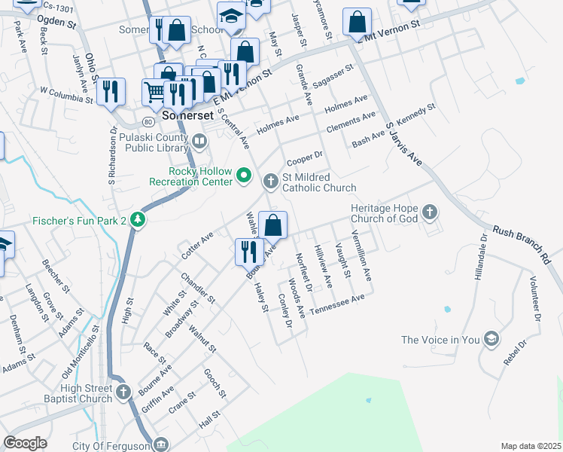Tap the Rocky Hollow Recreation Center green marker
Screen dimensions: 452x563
pyautogui.click(x=244, y=176)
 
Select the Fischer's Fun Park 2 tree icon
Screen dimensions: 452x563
pyautogui.click(x=137, y=220)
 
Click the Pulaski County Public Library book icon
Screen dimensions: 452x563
pyautogui.click(x=199, y=140)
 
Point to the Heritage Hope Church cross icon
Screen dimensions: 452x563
pyautogui.click(x=429, y=212)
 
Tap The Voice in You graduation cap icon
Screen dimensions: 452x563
pyautogui.click(x=491, y=339)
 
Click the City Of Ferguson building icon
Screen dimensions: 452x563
pyautogui.click(x=160, y=445)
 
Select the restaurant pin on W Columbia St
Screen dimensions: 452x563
pyautogui.click(x=111, y=92)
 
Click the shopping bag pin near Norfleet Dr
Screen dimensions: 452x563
pyautogui.click(x=272, y=224)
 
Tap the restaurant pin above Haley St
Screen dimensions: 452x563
pyautogui.click(x=248, y=251)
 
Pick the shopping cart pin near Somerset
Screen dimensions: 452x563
pyautogui.click(x=154, y=92)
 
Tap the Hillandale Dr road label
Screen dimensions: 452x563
pyautogui.click(x=480, y=256)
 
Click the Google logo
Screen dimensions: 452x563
pyautogui.click(x=25, y=443)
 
